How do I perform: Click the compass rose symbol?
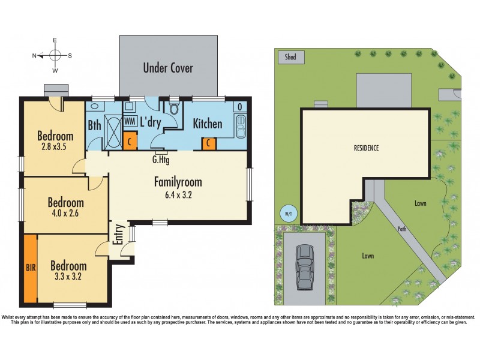pos(55,55)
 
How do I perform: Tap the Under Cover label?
pos(168,68)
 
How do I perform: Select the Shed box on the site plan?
pos(291,57)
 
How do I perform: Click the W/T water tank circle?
pos(288,212)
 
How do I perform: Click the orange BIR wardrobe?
pos(31,267)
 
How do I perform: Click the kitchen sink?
pos(242,127)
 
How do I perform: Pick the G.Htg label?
pos(160,160)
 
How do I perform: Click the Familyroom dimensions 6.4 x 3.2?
pos(177,194)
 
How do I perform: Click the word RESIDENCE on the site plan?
pos(365,148)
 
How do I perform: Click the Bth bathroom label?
pos(94,126)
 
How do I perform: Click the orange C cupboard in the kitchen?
pos(208,143)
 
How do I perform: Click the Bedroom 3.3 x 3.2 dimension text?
pos(68,278)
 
